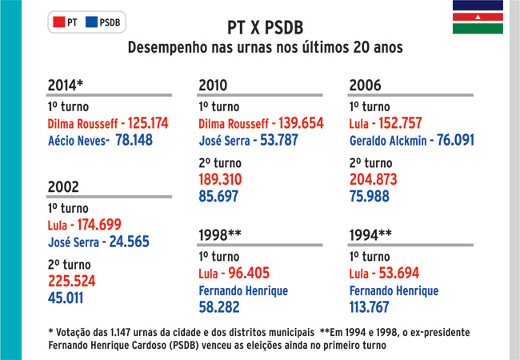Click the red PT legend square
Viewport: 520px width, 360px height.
coord(58,22)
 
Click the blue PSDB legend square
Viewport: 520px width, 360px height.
coord(91,22)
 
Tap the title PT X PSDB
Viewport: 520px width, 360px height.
coord(266,28)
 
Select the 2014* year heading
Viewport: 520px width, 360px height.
coord(66,85)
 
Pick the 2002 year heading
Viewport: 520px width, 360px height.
coord(63,187)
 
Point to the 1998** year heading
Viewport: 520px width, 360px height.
coord(220,235)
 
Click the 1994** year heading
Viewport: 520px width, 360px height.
coord(370,235)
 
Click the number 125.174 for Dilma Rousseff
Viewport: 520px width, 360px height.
coord(148,123)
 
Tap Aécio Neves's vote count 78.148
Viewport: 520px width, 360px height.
coord(134,140)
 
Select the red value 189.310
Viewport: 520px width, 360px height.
coord(220,179)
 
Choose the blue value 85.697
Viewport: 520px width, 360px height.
coord(218,196)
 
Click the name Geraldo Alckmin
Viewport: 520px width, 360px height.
coord(388,141)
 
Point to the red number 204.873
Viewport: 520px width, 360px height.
coord(373,179)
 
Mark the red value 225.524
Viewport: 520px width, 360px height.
coord(72,281)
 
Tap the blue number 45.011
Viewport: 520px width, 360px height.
coord(66,298)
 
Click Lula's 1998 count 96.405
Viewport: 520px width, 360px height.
coord(249,273)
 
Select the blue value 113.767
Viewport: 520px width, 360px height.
coord(369,307)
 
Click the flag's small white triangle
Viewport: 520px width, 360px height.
coord(478,17)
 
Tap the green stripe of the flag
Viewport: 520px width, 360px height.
coord(478,29)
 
